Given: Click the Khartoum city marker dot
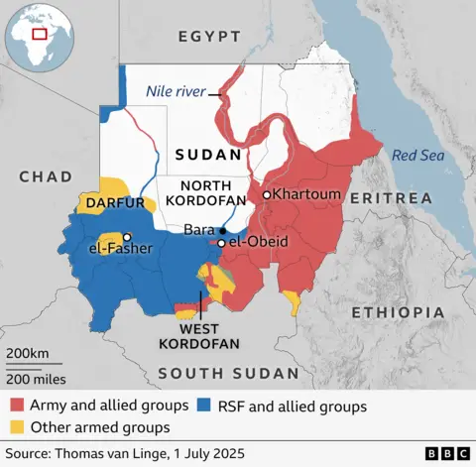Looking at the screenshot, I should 267,195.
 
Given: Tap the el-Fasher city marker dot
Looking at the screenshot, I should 128,237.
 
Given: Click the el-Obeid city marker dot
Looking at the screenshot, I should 221,243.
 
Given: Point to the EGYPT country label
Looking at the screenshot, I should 209,37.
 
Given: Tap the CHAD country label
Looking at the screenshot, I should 46,176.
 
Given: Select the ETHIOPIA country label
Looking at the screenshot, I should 396,312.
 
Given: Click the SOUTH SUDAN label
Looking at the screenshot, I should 228,373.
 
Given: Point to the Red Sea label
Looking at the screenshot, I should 416,155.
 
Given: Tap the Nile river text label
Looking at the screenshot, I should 176,91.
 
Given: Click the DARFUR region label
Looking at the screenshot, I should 116,202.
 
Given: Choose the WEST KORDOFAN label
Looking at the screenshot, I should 197,336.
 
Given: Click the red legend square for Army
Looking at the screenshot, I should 17,405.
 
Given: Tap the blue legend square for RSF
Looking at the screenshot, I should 205,405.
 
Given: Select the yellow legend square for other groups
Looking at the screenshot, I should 17,427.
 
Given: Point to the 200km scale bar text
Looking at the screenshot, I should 27,354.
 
